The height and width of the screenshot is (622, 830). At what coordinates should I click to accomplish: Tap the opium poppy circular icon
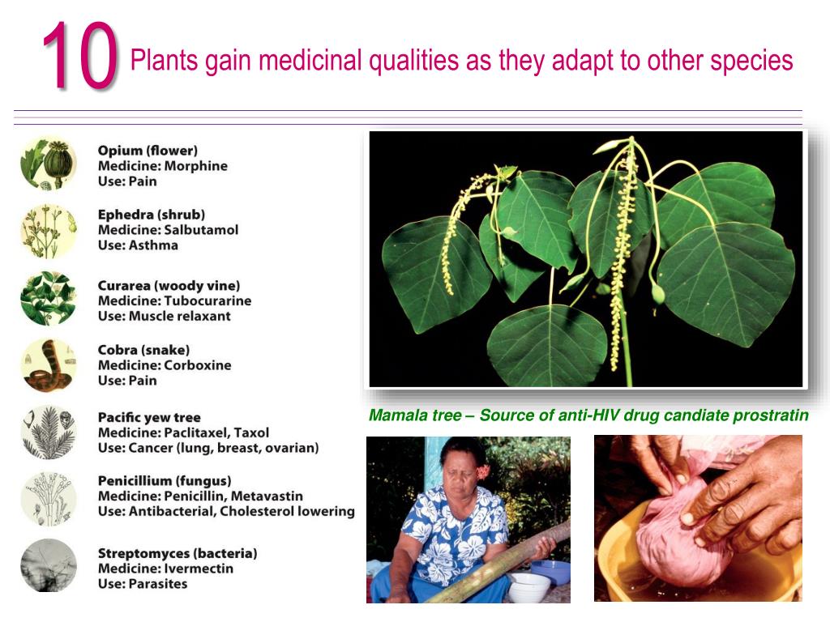pyautogui.click(x=49, y=163)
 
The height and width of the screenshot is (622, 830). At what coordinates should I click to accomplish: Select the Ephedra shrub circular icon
pyautogui.click(x=49, y=231)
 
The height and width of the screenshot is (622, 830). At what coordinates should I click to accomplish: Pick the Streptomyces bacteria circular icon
pyautogui.click(x=49, y=565)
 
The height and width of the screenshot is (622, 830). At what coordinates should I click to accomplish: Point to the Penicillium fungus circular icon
pyautogui.click(x=49, y=498)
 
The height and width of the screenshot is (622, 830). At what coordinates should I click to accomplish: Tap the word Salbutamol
pyautogui.click(x=201, y=230)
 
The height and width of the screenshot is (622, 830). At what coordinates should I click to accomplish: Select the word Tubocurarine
pyautogui.click(x=207, y=300)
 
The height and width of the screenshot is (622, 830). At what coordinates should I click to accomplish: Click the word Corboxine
pyautogui.click(x=197, y=365)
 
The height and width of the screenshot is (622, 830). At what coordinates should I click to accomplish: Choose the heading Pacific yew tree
pyautogui.click(x=149, y=418)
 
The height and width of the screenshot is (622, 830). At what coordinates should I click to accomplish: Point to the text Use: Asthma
pyautogui.click(x=138, y=245)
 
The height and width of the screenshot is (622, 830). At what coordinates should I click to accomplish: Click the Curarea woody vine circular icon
pyautogui.click(x=49, y=298)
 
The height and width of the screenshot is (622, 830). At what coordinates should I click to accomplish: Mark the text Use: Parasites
pyautogui.click(x=143, y=584)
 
